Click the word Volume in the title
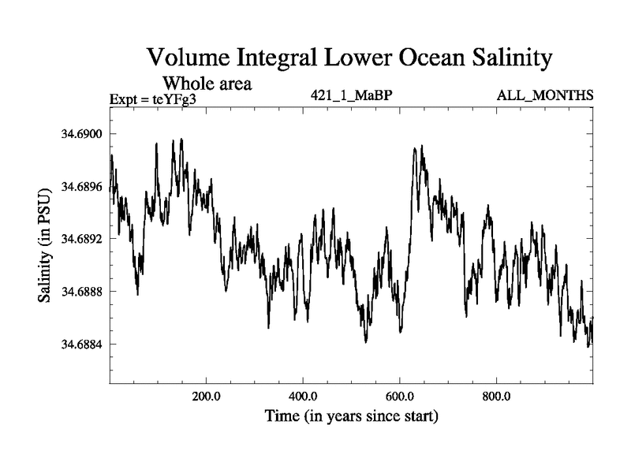(x=189, y=58)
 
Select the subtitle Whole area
(x=207, y=83)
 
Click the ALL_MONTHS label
(x=545, y=96)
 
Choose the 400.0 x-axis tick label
(x=303, y=396)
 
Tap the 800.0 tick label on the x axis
(x=497, y=396)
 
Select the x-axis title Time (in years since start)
(x=351, y=415)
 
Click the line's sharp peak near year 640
(x=416, y=147)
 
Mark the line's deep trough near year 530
(x=366, y=341)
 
